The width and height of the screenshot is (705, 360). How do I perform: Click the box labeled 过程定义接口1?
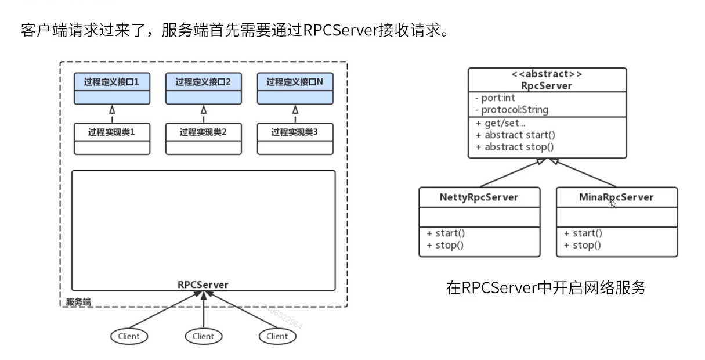click(112, 88)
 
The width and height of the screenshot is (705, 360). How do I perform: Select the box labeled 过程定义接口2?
click(204, 88)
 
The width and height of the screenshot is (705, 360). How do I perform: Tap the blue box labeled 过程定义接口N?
click(295, 88)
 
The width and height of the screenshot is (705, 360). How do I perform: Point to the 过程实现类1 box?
click(112, 139)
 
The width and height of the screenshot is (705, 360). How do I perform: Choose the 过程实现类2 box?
click(204, 139)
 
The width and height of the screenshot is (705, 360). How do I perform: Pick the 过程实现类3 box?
click(295, 139)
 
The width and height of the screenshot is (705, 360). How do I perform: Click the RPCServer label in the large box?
click(203, 285)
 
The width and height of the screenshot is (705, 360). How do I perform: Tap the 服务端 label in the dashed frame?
click(78, 302)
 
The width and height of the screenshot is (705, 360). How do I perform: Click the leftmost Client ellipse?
click(129, 336)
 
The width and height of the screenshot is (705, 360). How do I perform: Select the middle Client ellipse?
click(204, 336)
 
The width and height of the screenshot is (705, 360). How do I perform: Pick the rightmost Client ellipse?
click(277, 336)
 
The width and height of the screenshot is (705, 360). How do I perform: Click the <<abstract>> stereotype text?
click(547, 74)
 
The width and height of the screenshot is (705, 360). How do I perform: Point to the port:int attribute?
click(495, 98)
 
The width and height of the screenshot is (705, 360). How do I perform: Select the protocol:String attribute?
click(512, 110)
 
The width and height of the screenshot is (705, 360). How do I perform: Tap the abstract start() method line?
click(515, 135)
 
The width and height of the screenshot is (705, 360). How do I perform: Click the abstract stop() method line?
click(515, 147)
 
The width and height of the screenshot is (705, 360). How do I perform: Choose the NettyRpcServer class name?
click(479, 197)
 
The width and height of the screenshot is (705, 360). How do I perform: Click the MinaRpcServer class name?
click(616, 197)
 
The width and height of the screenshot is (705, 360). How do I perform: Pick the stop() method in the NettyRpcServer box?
click(445, 245)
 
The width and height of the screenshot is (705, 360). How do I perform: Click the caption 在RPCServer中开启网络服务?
click(546, 287)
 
